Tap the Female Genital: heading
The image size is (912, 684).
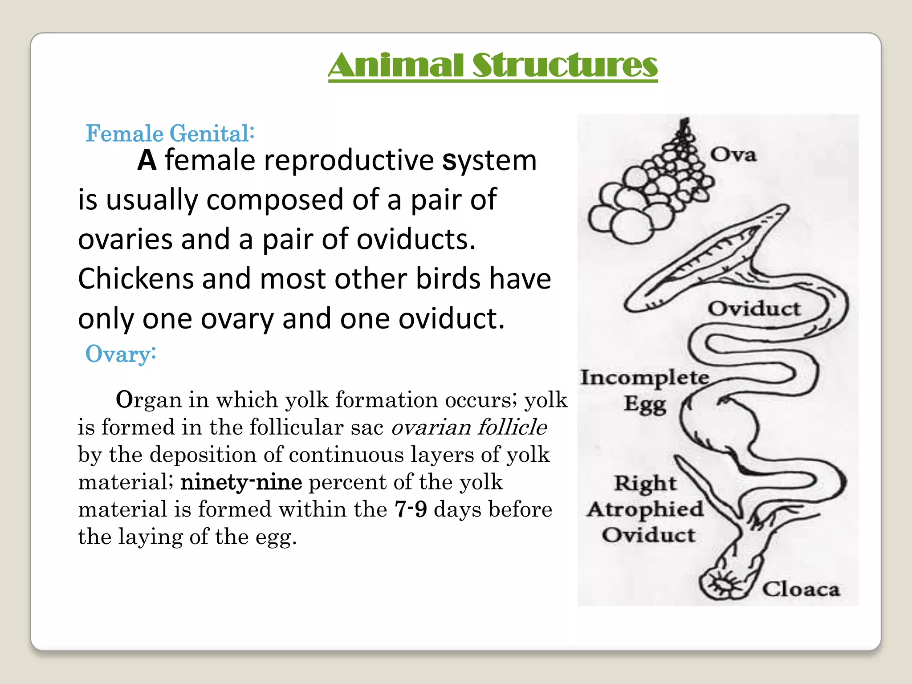pyautogui.click(x=170, y=133)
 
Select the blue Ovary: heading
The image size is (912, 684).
pyautogui.click(x=120, y=354)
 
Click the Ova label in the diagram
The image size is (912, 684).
pyautogui.click(x=733, y=155)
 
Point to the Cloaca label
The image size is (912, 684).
pyautogui.click(x=801, y=589)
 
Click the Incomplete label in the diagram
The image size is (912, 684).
pyautogui.click(x=644, y=378)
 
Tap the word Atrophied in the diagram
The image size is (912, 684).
pyautogui.click(x=645, y=509)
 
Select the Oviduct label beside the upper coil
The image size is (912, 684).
pyautogui.click(x=754, y=309)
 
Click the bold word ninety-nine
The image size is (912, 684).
pyautogui.click(x=241, y=482)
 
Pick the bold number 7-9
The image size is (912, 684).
pyautogui.click(x=411, y=509)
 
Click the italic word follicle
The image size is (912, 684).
pyautogui.click(x=512, y=427)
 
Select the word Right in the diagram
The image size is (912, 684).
pyautogui.click(x=645, y=483)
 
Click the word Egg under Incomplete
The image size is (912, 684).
pyautogui.click(x=645, y=404)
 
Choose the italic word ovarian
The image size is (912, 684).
pyautogui.click(x=431, y=427)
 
